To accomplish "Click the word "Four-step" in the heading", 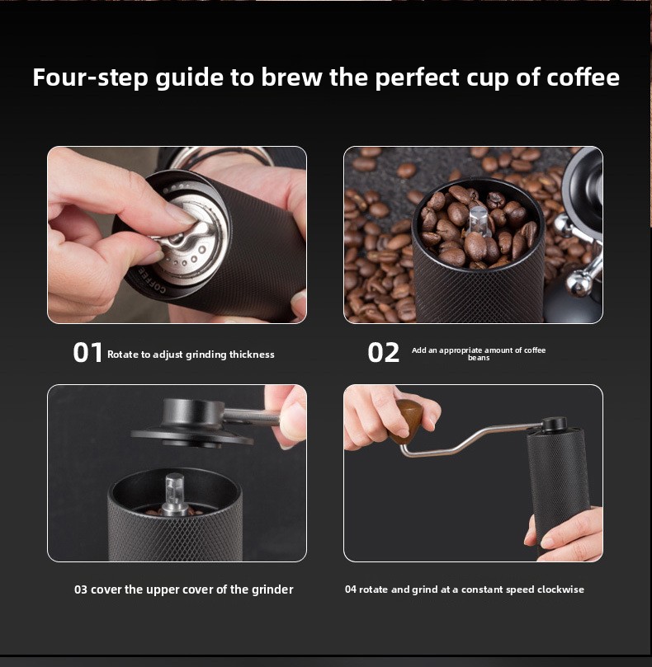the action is click(x=90, y=78).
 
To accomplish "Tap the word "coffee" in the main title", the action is click(x=583, y=78).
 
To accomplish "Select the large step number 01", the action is click(x=87, y=353).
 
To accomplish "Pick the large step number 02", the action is click(x=383, y=353).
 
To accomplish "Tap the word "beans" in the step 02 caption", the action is click(x=479, y=358).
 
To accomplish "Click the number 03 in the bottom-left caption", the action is click(x=81, y=589).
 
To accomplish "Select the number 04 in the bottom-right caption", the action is click(x=351, y=589).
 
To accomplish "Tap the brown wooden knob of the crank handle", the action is click(x=407, y=421).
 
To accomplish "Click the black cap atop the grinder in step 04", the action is click(x=554, y=424).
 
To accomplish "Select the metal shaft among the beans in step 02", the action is click(x=477, y=221).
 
